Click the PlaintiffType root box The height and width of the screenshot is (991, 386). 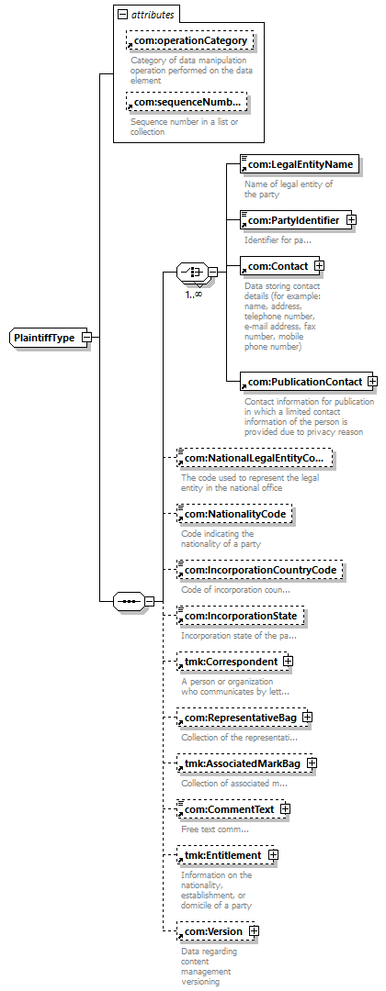click(x=48, y=338)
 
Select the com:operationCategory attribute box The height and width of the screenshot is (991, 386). click(x=190, y=41)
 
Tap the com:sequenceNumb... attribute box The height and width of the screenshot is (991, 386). click(x=186, y=102)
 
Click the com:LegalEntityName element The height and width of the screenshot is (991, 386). click(x=300, y=164)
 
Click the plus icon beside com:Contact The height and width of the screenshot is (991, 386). click(x=319, y=266)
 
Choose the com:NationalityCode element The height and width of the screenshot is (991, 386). click(x=234, y=515)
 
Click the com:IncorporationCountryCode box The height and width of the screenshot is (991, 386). click(x=259, y=570)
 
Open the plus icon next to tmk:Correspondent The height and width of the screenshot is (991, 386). click(x=288, y=661)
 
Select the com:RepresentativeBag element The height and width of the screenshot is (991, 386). click(x=239, y=718)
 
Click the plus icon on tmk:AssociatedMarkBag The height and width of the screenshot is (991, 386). click(x=312, y=763)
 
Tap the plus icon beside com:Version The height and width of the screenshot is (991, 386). click(x=255, y=931)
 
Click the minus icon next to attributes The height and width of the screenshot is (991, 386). click(x=123, y=15)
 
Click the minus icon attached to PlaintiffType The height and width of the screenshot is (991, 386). click(x=87, y=338)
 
